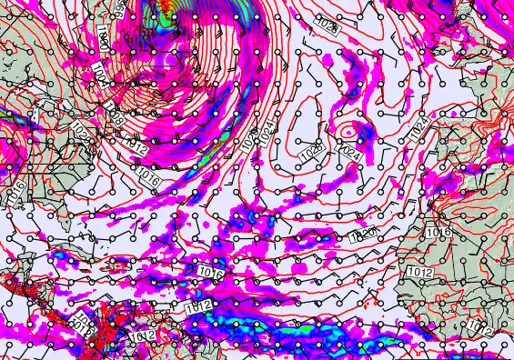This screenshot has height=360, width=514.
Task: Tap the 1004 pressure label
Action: tap(98, 82)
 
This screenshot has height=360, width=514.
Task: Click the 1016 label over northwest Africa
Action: tap(438, 234)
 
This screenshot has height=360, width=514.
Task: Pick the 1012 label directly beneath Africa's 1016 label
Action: tap(418, 271)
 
